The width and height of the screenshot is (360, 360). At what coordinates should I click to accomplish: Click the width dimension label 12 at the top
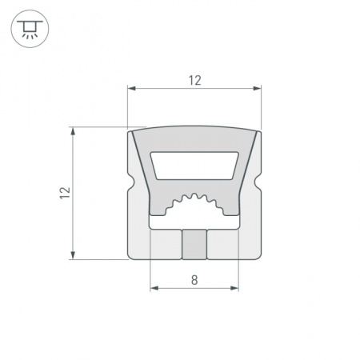click(195, 81)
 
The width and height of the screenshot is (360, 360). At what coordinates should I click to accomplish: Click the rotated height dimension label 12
click(65, 193)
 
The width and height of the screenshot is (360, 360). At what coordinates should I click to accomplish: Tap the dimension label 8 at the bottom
click(194, 280)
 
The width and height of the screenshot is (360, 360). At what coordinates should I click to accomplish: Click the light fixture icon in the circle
click(30, 29)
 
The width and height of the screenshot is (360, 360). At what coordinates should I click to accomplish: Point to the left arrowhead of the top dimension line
click(132, 88)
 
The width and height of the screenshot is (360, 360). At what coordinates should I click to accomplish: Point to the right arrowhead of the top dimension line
click(257, 88)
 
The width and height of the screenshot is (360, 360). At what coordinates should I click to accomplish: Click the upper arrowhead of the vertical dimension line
click(73, 131)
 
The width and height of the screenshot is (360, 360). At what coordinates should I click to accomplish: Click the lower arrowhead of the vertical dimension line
click(73, 254)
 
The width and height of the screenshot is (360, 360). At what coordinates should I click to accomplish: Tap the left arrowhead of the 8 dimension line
click(154, 288)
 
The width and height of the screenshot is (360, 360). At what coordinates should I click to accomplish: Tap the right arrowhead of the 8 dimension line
click(234, 288)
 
